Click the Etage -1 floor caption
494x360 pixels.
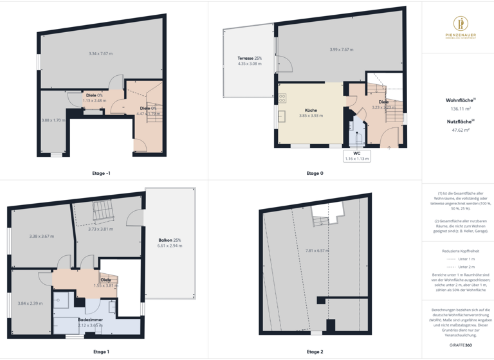[101, 173]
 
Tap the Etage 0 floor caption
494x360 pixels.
[315, 173]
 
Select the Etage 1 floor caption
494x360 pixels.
[101, 352]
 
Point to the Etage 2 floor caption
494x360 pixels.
[315, 352]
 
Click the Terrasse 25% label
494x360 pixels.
[250, 59]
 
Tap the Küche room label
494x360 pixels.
[311, 111]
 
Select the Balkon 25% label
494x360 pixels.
[170, 240]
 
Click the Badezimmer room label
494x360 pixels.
[90, 319]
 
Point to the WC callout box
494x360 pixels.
[356, 156]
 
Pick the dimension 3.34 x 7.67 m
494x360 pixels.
[100, 53]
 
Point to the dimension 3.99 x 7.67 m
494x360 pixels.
[342, 50]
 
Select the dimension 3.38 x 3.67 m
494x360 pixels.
[41, 236]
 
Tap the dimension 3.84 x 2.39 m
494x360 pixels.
[30, 303]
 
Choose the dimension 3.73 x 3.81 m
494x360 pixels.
[100, 229]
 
